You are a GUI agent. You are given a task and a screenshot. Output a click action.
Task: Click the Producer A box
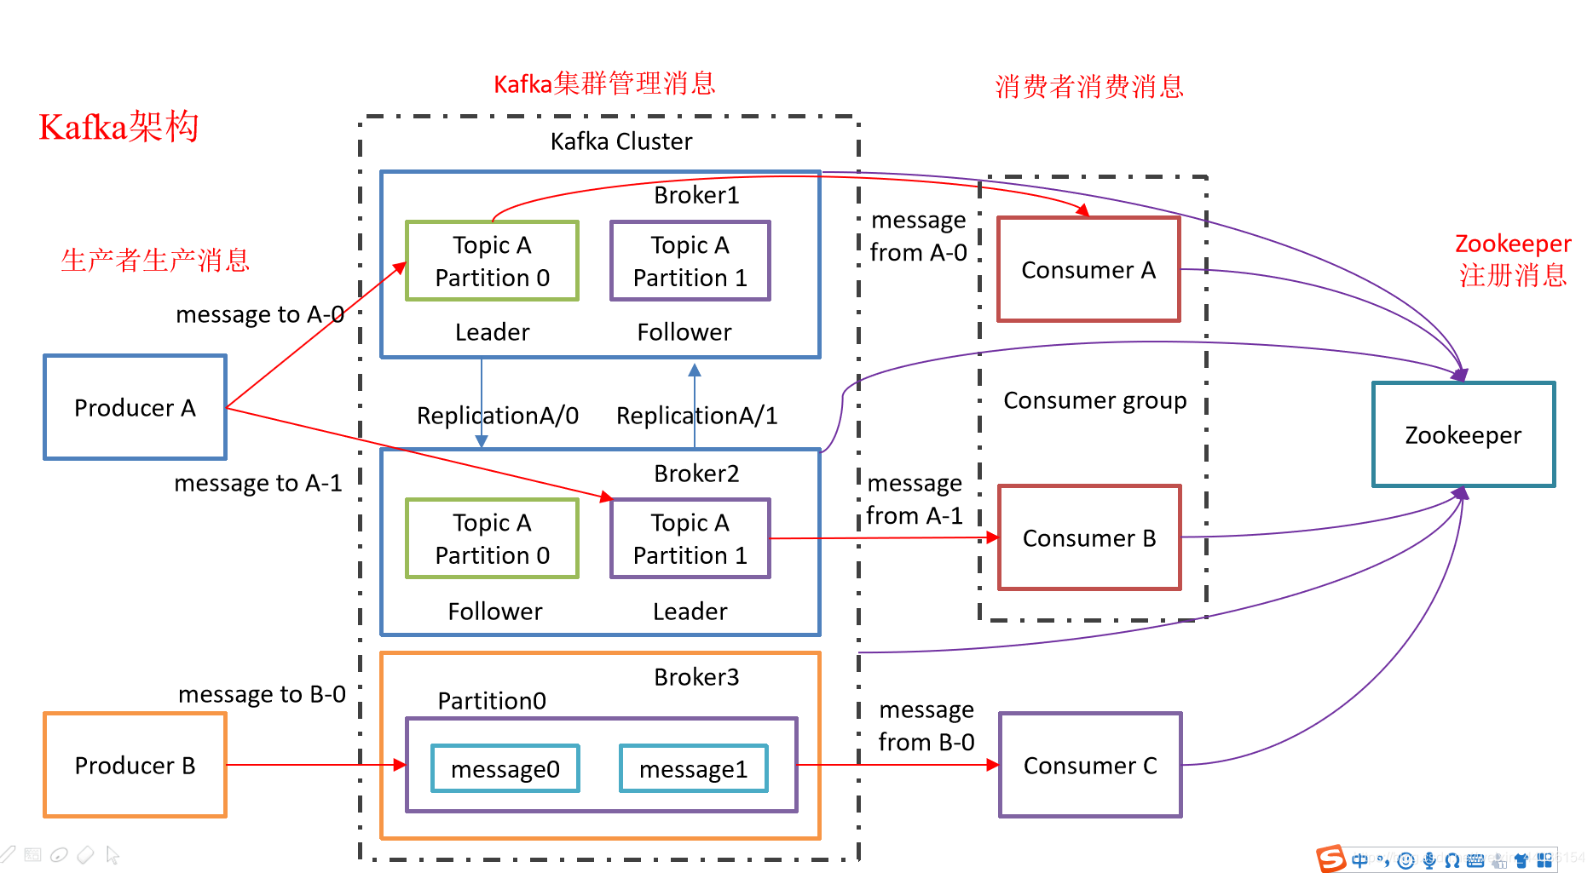[135, 407]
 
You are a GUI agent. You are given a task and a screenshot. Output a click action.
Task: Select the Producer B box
[135, 765]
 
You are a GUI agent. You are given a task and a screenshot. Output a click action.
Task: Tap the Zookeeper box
[1463, 434]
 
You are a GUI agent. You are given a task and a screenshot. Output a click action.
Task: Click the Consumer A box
[1088, 269]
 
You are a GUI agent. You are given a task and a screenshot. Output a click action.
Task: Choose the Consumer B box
[1088, 537]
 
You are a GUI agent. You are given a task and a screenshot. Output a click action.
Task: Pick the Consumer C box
[1089, 765]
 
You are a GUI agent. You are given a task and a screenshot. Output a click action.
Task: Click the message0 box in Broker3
[505, 768]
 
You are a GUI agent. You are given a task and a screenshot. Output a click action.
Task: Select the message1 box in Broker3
[693, 768]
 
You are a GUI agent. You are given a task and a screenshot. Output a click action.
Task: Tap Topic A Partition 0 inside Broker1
[492, 261]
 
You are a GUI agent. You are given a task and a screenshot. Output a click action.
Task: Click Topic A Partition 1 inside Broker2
[690, 538]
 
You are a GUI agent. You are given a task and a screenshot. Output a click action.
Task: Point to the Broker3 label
[696, 677]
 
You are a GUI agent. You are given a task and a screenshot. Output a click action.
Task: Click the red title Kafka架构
[118, 128]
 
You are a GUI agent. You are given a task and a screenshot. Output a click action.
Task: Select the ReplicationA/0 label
[497, 416]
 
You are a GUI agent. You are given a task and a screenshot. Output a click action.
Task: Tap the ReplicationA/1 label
[696, 416]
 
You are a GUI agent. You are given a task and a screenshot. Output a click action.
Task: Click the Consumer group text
[1094, 400]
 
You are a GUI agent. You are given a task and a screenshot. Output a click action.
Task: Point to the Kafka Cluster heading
[620, 141]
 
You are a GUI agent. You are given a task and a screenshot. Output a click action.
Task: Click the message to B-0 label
[262, 694]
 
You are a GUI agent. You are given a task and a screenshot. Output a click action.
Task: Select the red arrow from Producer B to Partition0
[315, 765]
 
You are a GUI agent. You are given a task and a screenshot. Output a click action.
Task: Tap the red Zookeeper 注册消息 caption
[1512, 259]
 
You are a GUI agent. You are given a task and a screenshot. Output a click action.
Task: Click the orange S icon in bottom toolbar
[1330, 859]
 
